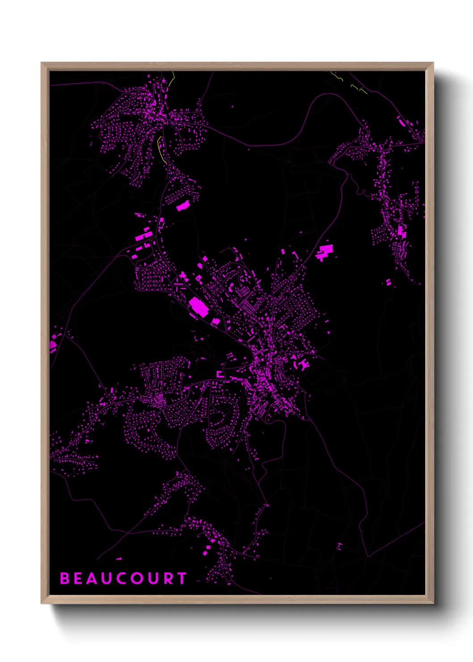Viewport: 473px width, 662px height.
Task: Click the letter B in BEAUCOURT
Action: (x=65, y=578)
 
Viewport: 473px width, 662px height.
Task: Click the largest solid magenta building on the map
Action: (x=198, y=307)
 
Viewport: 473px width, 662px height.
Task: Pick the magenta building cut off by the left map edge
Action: (x=52, y=345)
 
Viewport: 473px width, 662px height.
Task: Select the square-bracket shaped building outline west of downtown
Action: (x=220, y=374)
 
